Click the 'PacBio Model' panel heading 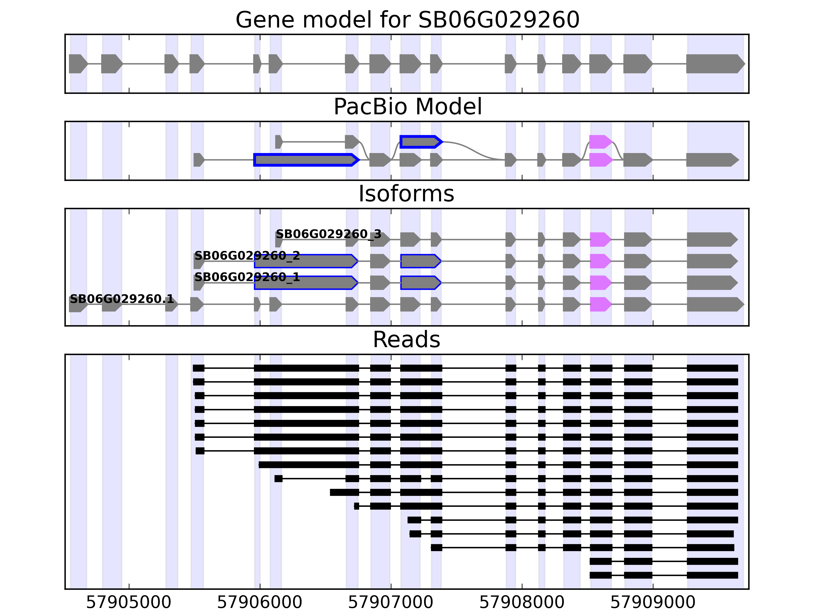[x=407, y=107]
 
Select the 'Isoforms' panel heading [x=406, y=194]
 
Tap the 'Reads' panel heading [x=406, y=340]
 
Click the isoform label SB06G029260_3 [x=328, y=234]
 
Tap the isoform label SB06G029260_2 [x=247, y=256]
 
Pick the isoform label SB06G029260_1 [x=247, y=277]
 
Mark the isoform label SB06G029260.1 [x=121, y=299]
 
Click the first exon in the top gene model [x=78, y=64]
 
